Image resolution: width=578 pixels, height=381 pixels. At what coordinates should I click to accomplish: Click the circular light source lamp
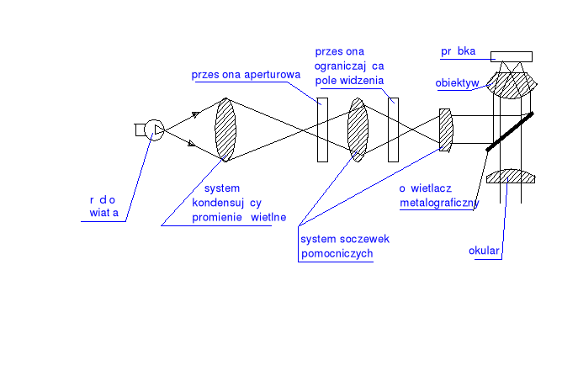153,130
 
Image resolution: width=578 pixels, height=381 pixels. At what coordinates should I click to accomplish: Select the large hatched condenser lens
225,129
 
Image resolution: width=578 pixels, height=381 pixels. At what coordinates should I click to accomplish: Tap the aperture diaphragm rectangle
322,130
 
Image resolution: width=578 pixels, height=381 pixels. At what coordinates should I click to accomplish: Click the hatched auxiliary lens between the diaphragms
358,130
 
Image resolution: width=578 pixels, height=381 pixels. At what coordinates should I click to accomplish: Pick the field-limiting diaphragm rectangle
393,130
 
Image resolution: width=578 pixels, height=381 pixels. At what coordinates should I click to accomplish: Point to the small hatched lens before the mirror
447,130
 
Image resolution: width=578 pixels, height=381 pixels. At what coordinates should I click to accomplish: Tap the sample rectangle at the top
511,56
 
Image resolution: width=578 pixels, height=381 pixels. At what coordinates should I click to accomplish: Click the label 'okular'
485,251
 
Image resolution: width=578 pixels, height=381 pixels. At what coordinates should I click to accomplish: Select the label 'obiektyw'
458,82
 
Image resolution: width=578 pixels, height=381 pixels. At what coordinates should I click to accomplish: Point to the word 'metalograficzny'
439,203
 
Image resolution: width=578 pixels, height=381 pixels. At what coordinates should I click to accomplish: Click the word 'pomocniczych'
337,254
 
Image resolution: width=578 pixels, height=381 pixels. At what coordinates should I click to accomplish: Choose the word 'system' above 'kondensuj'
222,188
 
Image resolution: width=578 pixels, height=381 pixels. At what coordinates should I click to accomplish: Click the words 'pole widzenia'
349,80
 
